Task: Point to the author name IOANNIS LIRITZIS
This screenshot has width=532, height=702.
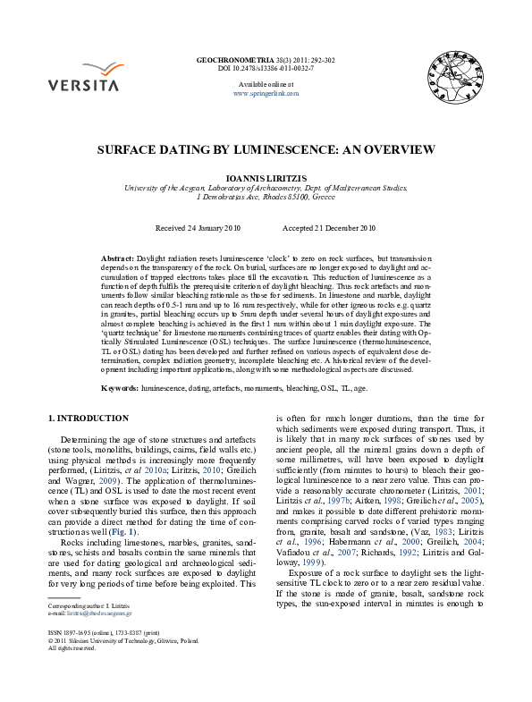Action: click(x=266, y=179)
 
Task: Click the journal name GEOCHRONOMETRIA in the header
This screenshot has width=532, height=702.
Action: click(x=231, y=59)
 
